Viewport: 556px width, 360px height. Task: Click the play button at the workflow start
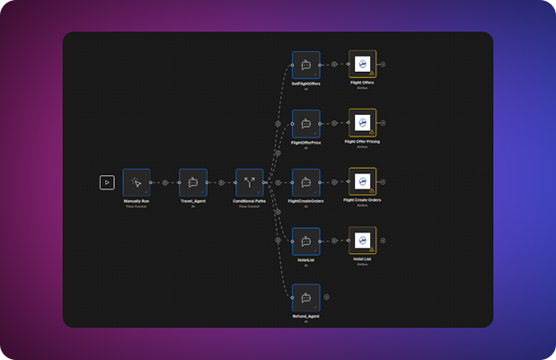[x=107, y=182]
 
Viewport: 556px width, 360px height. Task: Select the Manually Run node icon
[x=137, y=182]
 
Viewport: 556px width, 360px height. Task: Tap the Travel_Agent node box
[x=193, y=182]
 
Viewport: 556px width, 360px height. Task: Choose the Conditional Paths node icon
[x=250, y=182]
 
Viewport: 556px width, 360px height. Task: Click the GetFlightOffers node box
[x=305, y=65]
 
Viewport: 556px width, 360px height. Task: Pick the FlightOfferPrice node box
[x=305, y=124]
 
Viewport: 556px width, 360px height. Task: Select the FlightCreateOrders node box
[x=305, y=182]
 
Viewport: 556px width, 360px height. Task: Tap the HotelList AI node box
[x=305, y=241]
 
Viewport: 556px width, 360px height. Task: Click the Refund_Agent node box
[x=305, y=297]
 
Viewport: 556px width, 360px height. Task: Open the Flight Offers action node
[x=362, y=65]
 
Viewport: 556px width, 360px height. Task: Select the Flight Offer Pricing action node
[x=362, y=123]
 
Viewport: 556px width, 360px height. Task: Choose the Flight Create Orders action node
[x=362, y=181]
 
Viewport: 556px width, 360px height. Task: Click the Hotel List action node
[x=362, y=241]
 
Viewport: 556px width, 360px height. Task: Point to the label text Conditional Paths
[x=250, y=201]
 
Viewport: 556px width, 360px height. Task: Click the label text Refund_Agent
[x=306, y=316]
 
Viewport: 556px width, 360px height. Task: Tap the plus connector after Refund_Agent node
[x=327, y=297]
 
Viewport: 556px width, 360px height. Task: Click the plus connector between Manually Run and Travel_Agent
[x=165, y=182]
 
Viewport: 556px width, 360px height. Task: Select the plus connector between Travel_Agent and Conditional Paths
[x=221, y=182]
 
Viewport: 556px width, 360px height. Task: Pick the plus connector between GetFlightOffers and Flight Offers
[x=334, y=65]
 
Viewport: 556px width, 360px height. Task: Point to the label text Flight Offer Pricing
[x=362, y=142]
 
